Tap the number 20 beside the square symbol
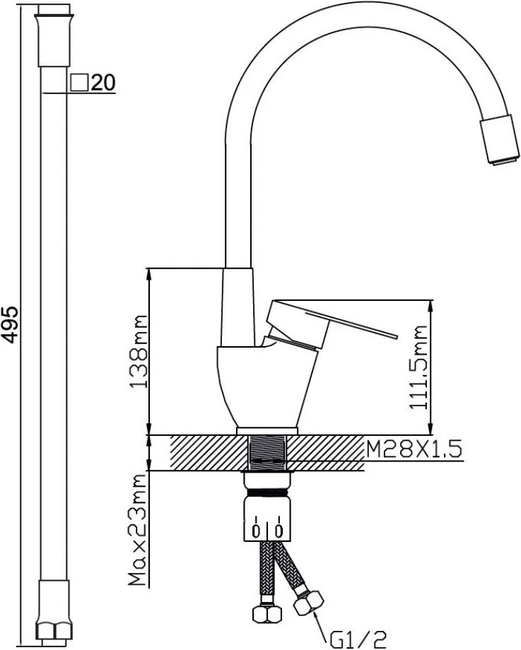click(x=103, y=83)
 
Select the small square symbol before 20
click(x=79, y=83)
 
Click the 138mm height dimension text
click(x=139, y=352)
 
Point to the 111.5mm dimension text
click(x=418, y=367)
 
